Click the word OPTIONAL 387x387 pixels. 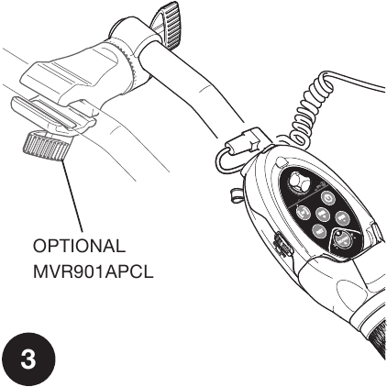coord(79,246)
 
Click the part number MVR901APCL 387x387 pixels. coord(93,271)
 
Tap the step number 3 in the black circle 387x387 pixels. coord(28,359)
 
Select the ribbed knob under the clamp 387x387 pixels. coord(46,146)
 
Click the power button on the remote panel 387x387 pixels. coord(328,199)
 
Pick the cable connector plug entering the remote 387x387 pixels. coord(247,141)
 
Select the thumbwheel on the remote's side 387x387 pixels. coord(282,245)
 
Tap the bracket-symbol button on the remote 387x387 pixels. coord(304,213)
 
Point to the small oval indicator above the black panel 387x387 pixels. coord(282,160)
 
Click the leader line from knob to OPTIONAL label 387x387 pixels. coord(72,195)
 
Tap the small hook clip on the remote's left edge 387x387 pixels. coord(235,194)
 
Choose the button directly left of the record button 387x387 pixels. coord(319,231)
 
